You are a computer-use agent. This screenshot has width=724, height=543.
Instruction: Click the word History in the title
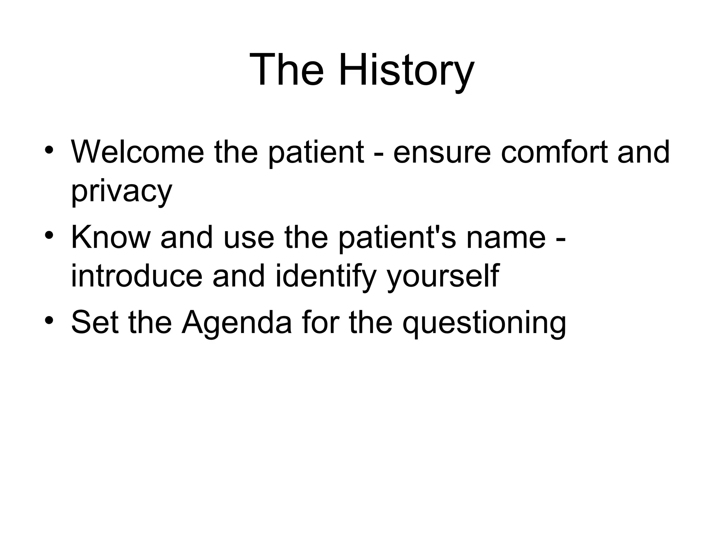406,70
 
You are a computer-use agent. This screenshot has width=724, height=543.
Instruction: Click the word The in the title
286,70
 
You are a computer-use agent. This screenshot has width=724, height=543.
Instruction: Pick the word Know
111,237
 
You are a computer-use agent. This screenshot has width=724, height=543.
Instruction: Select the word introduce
137,276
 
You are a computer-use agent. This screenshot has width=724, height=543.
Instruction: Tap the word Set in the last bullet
95,322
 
